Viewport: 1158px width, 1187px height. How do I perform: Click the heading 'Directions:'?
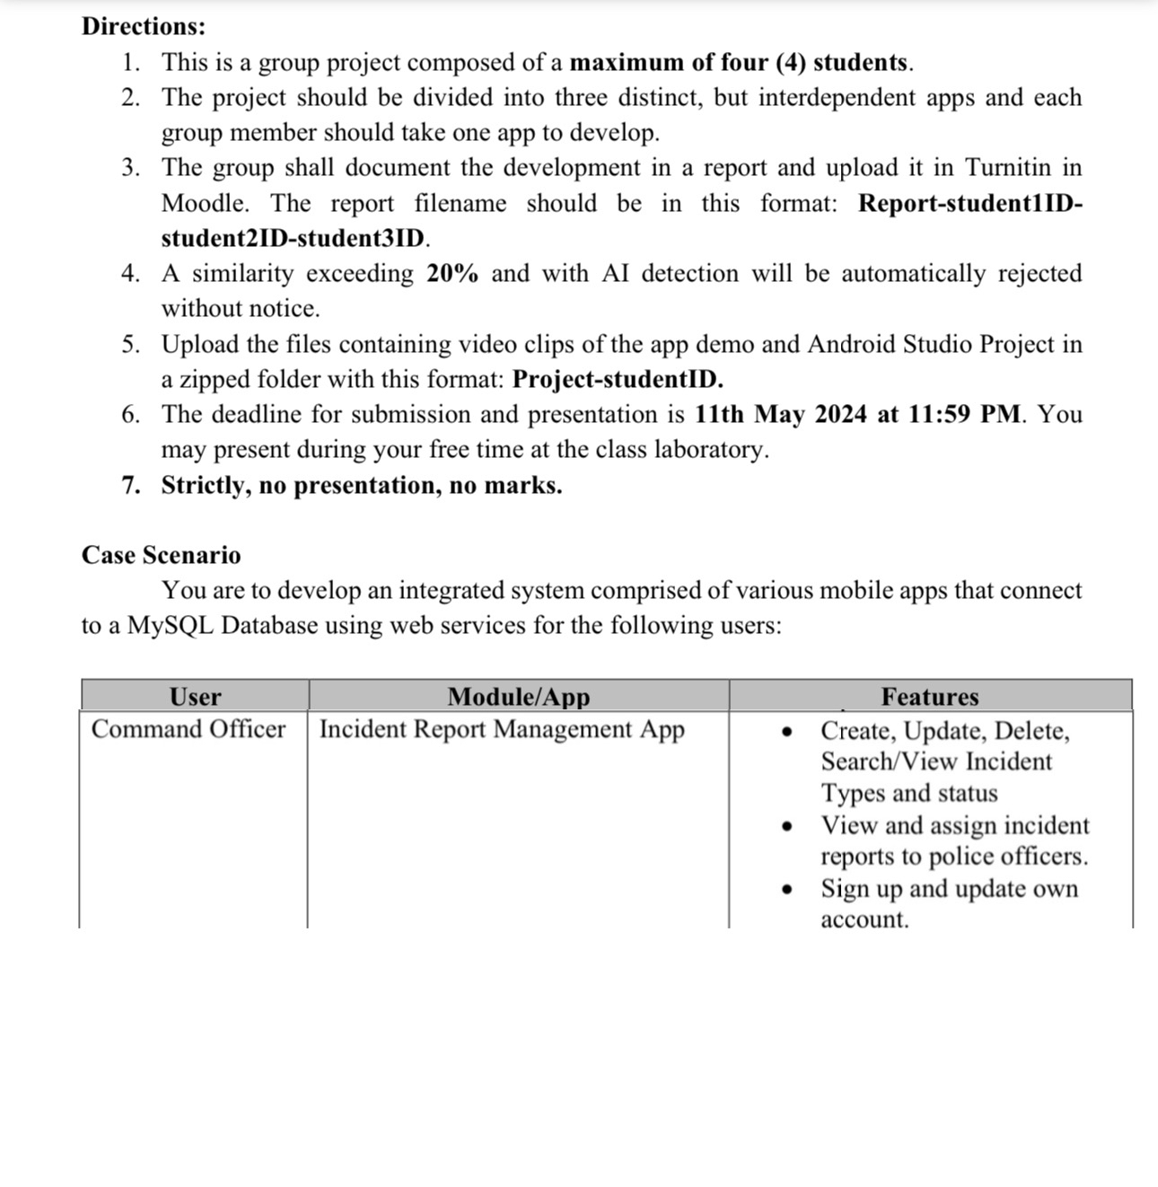(x=144, y=26)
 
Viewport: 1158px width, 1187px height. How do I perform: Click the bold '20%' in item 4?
(x=452, y=273)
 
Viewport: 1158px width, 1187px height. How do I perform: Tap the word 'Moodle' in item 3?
(x=204, y=203)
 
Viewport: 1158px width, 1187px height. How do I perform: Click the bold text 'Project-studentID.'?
(x=618, y=379)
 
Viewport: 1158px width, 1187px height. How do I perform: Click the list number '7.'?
(x=131, y=485)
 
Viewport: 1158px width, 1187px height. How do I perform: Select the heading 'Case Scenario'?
(x=162, y=555)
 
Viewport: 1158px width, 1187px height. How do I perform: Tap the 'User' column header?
(x=195, y=697)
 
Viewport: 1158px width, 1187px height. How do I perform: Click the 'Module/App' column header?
(x=519, y=697)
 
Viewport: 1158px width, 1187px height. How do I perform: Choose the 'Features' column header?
(x=929, y=697)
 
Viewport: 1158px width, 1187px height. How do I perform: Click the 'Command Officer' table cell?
(x=189, y=729)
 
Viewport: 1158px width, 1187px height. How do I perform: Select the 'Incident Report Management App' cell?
(x=502, y=729)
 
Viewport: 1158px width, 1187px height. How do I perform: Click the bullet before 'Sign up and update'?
(x=788, y=890)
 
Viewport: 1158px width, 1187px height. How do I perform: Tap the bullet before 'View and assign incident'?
(x=788, y=826)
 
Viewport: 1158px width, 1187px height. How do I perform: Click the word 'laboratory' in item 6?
(x=709, y=449)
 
